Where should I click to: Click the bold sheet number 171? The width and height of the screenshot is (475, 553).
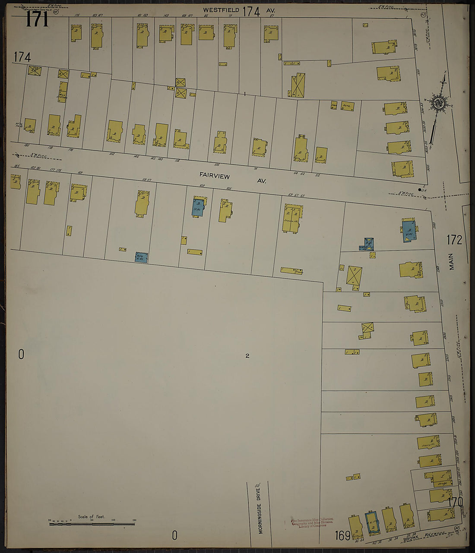pos(37,19)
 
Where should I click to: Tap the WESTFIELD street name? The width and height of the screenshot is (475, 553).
pos(222,9)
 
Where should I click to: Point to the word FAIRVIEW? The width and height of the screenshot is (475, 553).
pos(215,176)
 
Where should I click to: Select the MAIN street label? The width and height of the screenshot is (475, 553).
pos(452,261)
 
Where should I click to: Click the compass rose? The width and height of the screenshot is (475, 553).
pos(440,104)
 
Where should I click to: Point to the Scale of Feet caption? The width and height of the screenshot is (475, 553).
pos(91,517)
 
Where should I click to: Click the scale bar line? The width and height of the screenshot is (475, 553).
pos(92,524)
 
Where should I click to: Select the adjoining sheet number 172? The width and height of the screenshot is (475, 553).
pos(454,240)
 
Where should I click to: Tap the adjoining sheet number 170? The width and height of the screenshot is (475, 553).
pos(455,502)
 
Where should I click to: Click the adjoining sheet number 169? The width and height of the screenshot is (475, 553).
pos(342,536)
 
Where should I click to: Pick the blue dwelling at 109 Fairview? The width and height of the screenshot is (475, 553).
pos(199,207)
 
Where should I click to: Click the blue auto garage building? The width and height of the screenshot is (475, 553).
pos(141,258)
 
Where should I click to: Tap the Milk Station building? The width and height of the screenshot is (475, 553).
pos(63,91)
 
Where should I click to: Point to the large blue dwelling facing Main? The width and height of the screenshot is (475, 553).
pos(409,231)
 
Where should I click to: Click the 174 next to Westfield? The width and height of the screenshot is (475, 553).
pos(251,12)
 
